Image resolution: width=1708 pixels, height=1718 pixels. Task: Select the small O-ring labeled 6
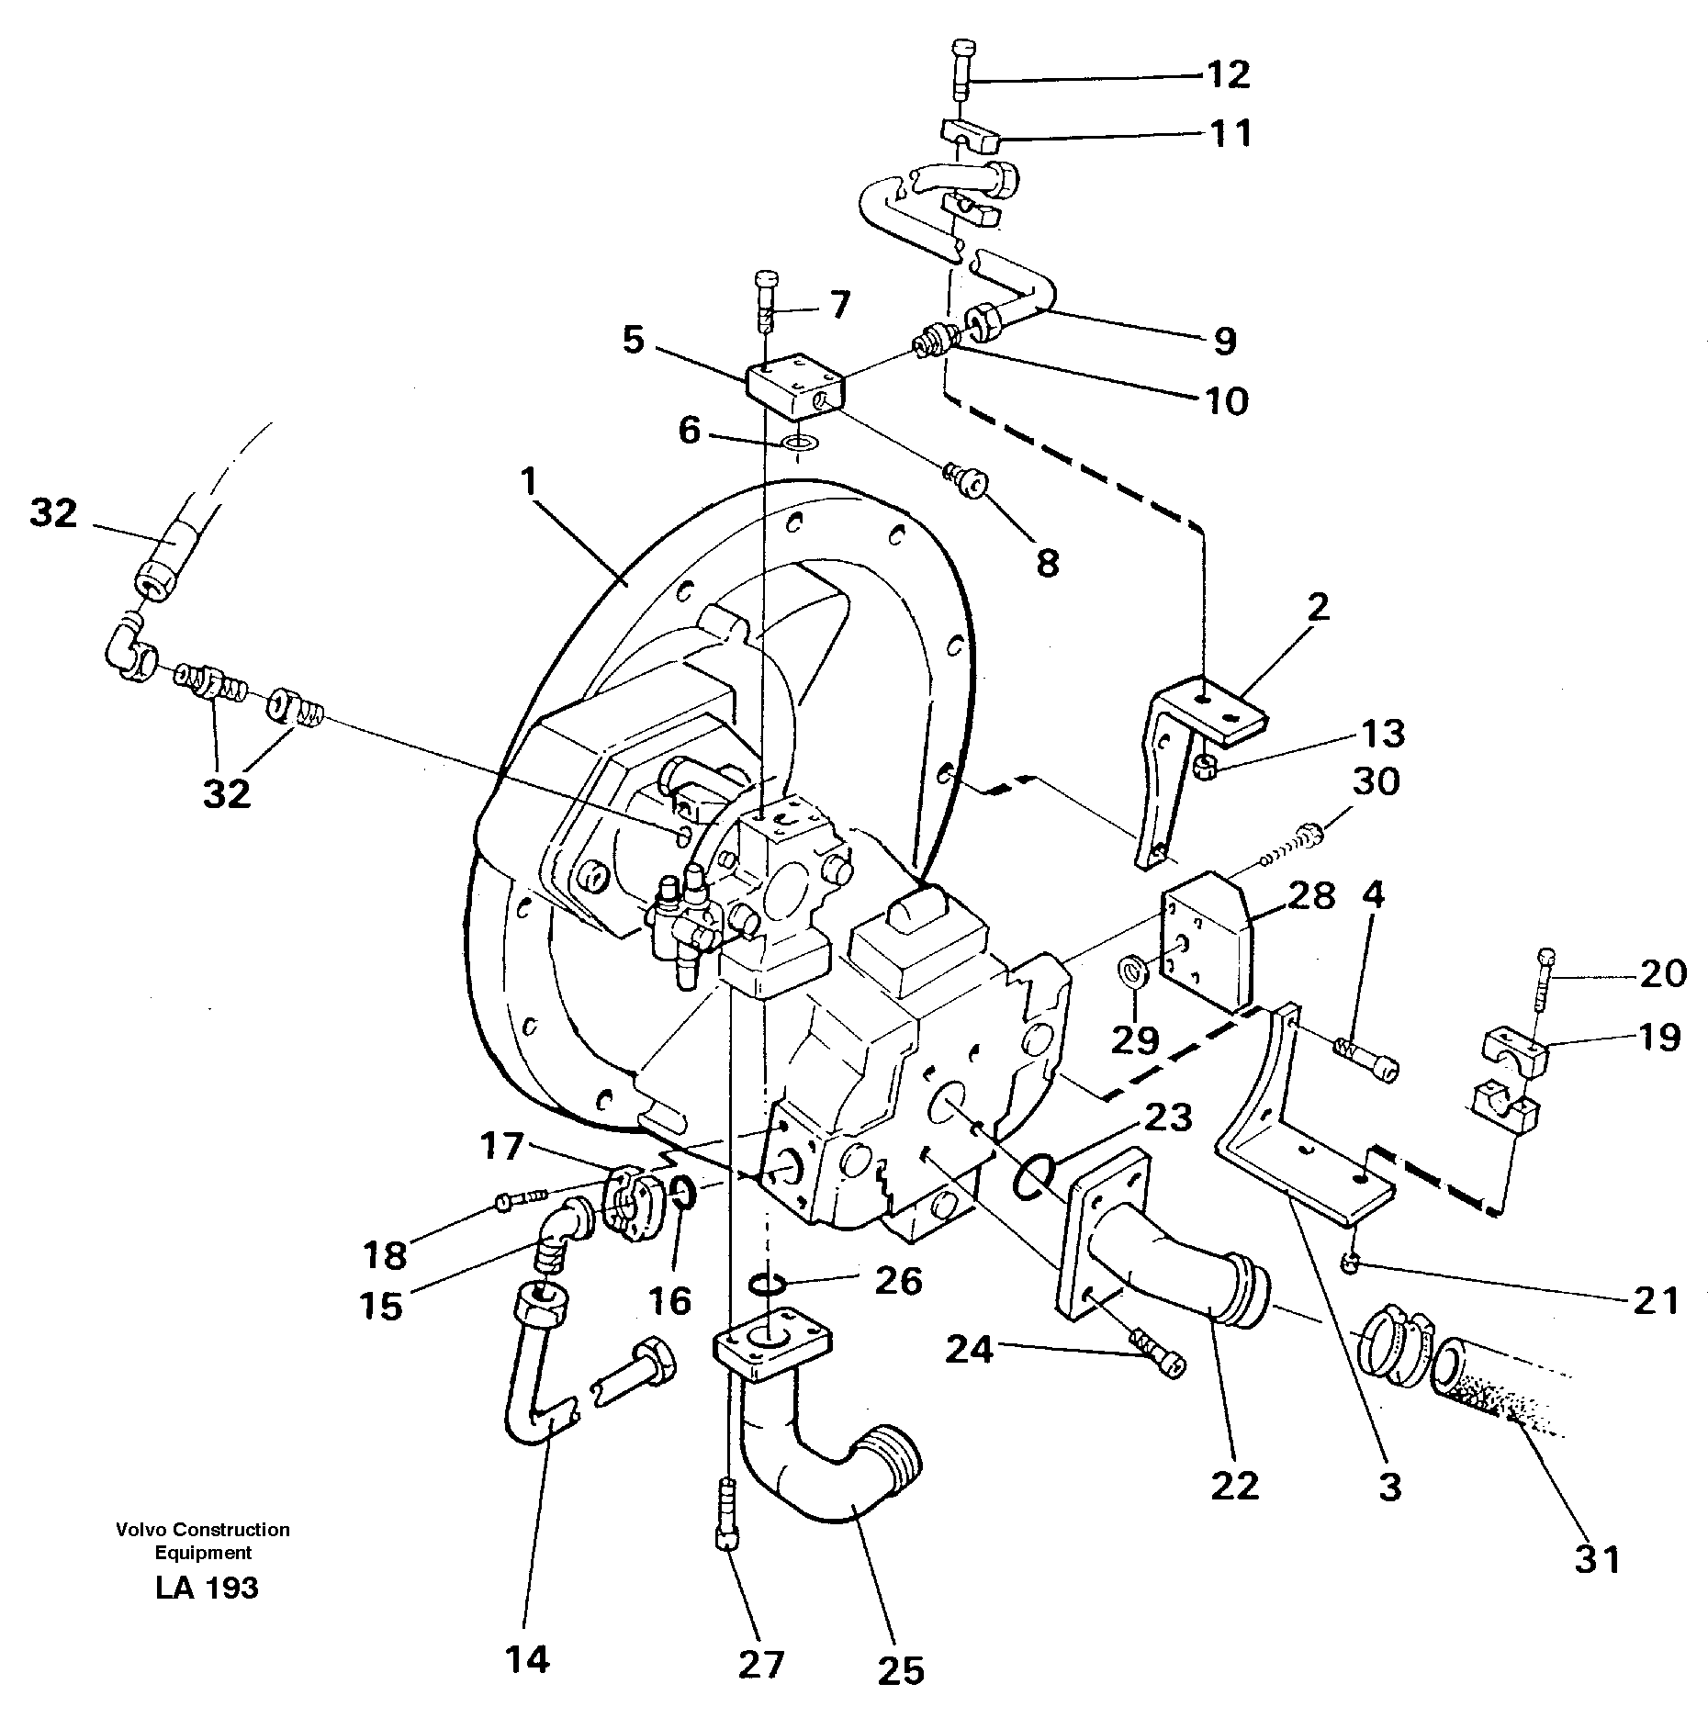pyautogui.click(x=799, y=446)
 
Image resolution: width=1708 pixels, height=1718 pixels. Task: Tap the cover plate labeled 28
pyautogui.click(x=1208, y=941)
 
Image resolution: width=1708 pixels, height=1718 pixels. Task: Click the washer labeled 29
pyautogui.click(x=1132, y=971)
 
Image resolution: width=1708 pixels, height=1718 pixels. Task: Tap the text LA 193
pyautogui.click(x=208, y=1587)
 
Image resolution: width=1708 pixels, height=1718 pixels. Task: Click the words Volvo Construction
pyautogui.click(x=203, y=1529)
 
